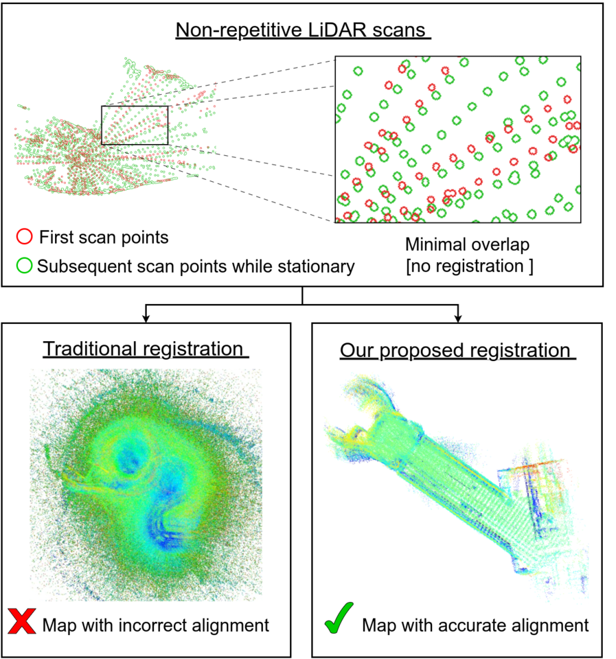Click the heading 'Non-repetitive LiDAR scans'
(x=303, y=31)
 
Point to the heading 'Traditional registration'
(x=143, y=349)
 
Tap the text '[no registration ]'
(x=468, y=266)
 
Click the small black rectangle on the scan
(x=135, y=125)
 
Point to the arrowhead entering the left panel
(x=146, y=318)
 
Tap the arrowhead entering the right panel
(x=458, y=318)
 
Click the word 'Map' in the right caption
(x=378, y=625)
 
